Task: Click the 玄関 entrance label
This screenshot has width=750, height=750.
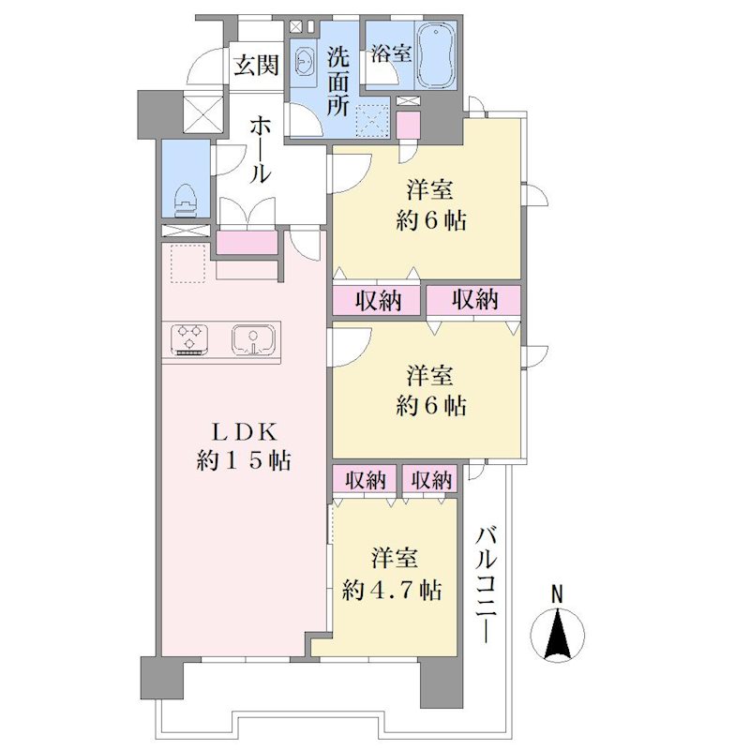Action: pos(256,65)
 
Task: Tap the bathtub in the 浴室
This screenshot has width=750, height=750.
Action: pos(436,55)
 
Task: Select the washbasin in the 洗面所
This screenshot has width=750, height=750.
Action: pos(303,62)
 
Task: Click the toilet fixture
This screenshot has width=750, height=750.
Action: pos(187,200)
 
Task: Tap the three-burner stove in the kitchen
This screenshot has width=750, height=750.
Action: pos(191,339)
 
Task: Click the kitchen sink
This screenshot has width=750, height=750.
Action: pos(253,340)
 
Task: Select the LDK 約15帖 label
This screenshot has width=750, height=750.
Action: pos(244,447)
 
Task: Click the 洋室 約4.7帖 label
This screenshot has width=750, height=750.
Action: pos(392,576)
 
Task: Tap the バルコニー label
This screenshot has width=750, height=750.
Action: pos(487,585)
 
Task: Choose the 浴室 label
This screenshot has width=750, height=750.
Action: pos(391,53)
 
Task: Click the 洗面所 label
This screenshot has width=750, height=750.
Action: pos(338,82)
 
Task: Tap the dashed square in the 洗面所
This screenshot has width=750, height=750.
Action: pos(372,120)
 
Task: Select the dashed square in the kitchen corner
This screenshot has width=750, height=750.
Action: pos(188,263)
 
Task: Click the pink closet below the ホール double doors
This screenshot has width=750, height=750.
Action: pos(247,243)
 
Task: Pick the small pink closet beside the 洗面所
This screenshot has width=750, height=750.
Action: pos(408,126)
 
